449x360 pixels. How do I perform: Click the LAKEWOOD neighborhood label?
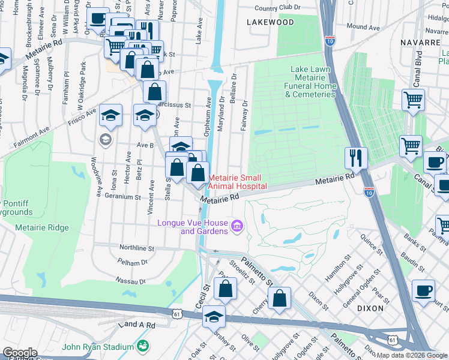(x=270, y=22)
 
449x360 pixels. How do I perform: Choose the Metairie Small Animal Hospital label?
(x=238, y=182)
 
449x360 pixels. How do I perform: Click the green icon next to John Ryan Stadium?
(x=143, y=346)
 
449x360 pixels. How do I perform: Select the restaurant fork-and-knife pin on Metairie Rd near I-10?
(x=356, y=158)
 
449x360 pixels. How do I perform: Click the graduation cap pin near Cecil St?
(x=214, y=317)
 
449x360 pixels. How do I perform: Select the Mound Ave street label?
(x=363, y=27)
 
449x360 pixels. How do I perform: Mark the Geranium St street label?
(x=122, y=196)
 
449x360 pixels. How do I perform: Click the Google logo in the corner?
(x=20, y=352)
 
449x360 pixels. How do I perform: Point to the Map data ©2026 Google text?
(x=412, y=355)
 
